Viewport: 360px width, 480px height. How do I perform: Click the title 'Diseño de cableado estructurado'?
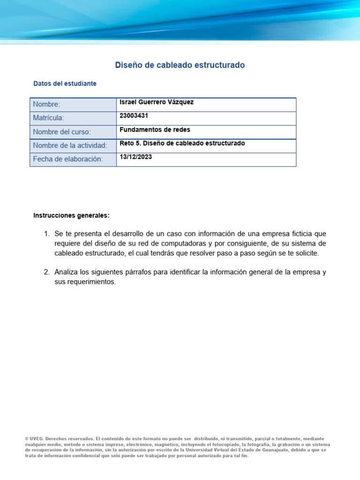pos(180,65)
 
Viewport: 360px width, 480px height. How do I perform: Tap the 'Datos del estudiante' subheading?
pos(65,83)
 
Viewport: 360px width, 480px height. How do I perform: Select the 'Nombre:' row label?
pos(47,105)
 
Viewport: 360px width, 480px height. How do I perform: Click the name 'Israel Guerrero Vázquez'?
pos(157,102)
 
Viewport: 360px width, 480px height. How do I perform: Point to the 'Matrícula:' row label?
pos(48,118)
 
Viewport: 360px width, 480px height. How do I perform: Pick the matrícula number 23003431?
pos(135,116)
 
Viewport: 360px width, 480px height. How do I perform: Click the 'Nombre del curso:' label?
pos(62,132)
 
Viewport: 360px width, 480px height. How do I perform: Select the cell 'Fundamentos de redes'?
pos(155,129)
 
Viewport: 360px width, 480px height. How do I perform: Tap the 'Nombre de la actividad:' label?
pos(70,146)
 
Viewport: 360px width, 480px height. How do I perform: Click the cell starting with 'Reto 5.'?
pos(182,143)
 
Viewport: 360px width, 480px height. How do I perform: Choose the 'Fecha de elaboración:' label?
pos(67,159)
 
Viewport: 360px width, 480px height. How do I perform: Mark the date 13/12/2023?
pos(136,157)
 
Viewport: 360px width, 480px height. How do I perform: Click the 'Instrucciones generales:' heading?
pos(71,216)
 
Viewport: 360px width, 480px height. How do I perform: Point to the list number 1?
pos(46,233)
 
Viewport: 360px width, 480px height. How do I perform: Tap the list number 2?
pos(46,272)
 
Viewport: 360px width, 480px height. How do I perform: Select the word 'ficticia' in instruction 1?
pos(297,233)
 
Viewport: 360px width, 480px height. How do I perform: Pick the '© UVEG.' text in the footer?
pos(35,439)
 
